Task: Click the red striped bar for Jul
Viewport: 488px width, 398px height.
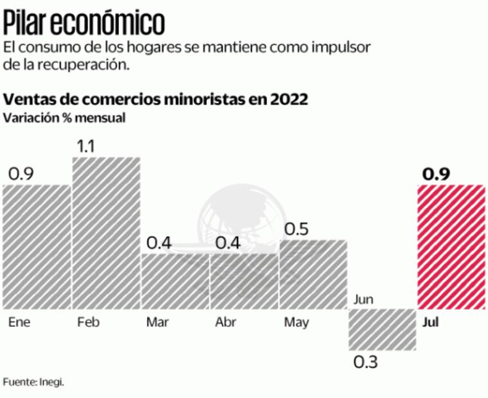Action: [x=451, y=246]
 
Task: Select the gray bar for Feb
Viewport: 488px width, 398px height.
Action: [x=106, y=232]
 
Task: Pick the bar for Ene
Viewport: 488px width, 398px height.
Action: [x=37, y=246]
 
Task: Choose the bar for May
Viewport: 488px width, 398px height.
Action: [x=313, y=274]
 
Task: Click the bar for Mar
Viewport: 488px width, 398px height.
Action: [x=175, y=281]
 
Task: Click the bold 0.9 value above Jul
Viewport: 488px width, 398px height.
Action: [x=436, y=174]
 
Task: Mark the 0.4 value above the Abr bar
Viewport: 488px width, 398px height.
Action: [x=229, y=243]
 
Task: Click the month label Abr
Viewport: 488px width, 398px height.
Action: [x=226, y=322]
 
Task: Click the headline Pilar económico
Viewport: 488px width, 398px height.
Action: [x=84, y=24]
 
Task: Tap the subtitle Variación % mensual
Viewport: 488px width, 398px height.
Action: [x=55, y=118]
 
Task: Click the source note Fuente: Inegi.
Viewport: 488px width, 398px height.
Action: [x=34, y=382]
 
